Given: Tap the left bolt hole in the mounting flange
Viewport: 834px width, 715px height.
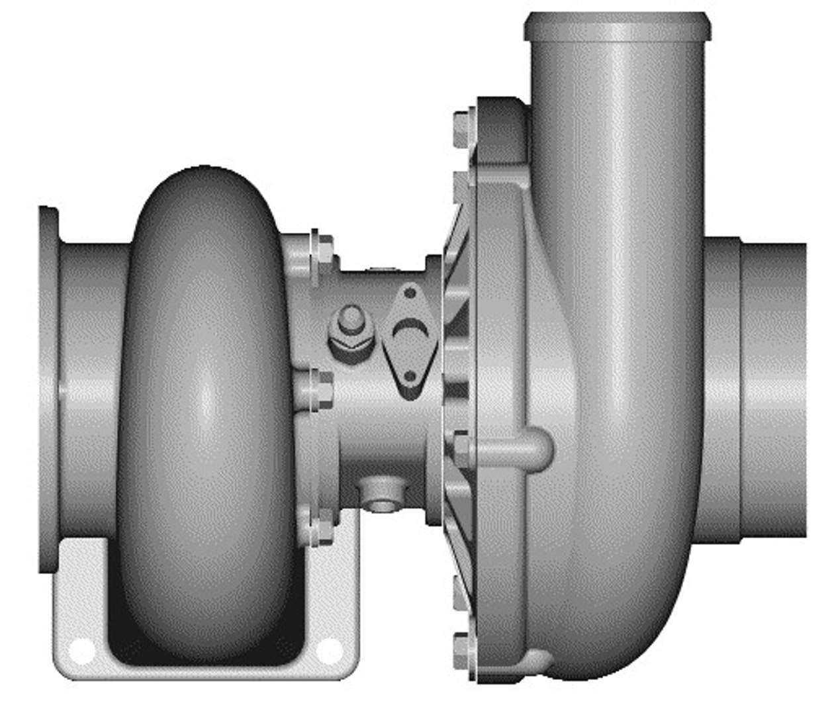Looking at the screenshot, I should (x=81, y=651).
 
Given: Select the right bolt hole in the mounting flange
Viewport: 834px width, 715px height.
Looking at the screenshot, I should (x=329, y=651).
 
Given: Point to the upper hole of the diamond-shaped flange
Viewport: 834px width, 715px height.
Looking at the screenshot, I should (x=410, y=292).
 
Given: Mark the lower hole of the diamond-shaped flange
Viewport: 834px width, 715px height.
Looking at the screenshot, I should (x=410, y=377).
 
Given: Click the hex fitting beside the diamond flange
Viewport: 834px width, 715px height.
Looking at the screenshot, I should (x=350, y=332).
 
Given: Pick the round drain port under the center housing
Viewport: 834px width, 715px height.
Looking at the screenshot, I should (x=380, y=497).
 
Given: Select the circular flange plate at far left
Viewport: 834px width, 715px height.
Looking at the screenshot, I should (x=48, y=391).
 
